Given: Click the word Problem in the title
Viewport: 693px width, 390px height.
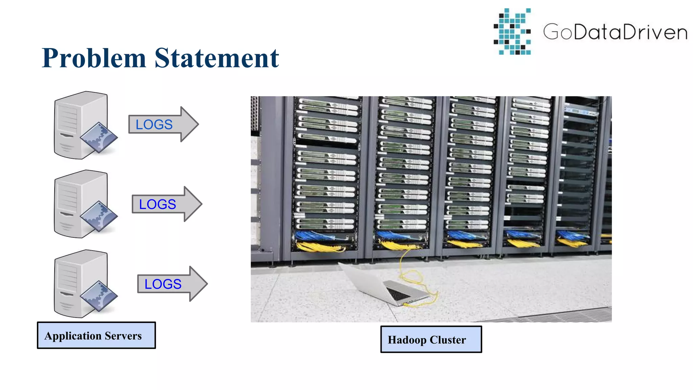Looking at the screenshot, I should pos(94,58).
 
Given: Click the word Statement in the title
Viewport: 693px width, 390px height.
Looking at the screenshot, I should pos(217,58).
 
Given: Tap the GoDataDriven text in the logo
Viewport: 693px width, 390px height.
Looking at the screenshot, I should pos(615,32).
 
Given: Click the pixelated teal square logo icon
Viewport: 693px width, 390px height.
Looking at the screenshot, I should pos(512,31).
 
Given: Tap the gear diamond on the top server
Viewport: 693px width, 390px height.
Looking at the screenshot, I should pos(99,137).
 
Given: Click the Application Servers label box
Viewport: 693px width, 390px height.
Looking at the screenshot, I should pos(96,335).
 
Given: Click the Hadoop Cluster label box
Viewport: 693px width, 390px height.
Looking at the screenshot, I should pos(431,339).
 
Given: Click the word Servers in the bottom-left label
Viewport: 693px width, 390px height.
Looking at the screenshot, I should pos(123,336).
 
